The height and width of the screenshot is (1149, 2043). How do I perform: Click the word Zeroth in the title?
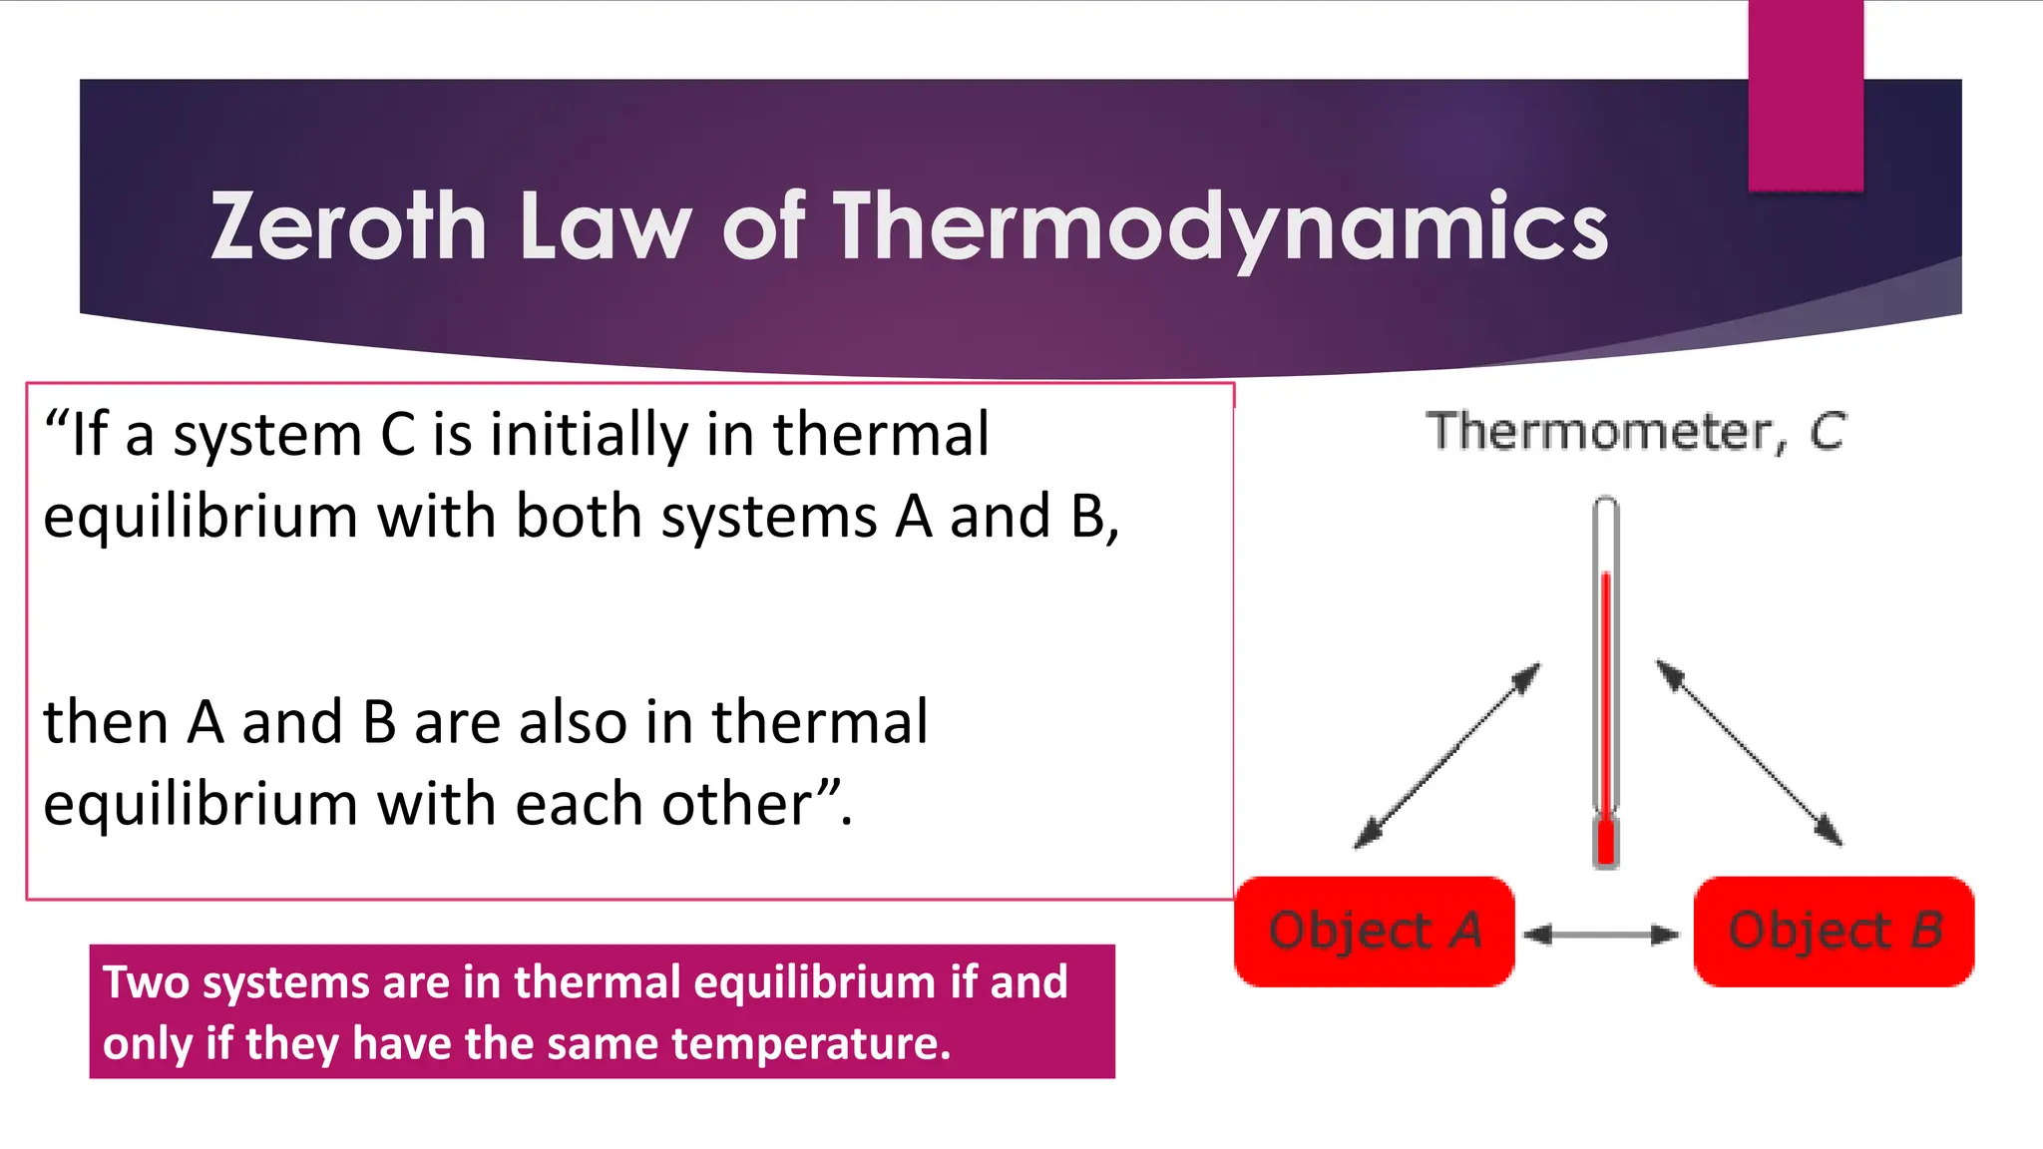click(348, 226)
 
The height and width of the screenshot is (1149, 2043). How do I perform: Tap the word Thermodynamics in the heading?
click(1221, 228)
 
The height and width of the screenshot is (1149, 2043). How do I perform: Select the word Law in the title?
click(606, 226)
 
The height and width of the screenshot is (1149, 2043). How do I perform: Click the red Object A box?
click(1375, 932)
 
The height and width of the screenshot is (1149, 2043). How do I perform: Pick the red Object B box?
click(1834, 932)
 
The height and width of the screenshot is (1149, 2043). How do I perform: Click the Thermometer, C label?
click(1636, 432)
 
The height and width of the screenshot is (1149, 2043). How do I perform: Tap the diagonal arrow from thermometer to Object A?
click(1447, 755)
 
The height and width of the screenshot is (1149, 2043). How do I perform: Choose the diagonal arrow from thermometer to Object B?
click(1750, 753)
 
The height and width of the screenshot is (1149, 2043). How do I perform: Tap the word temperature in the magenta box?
click(811, 1043)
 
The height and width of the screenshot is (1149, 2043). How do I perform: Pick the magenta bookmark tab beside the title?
click(1806, 95)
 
